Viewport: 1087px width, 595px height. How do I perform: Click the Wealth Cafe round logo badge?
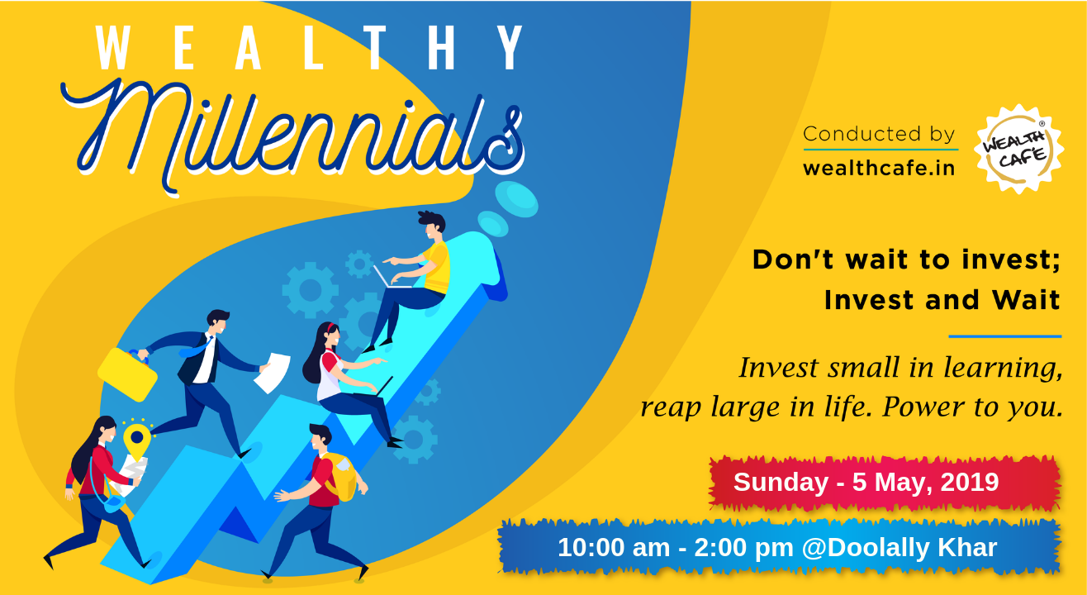click(1019, 149)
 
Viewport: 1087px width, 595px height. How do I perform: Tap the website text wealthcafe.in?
click(879, 169)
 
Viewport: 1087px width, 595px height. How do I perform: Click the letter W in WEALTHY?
click(112, 48)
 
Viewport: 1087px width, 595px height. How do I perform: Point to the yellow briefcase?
click(128, 374)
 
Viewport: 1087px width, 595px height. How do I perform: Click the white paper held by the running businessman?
click(273, 373)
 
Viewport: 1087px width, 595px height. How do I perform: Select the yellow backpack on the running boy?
click(339, 477)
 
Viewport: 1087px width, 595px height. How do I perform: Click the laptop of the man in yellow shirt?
click(392, 277)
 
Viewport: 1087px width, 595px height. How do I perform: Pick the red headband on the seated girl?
click(330, 328)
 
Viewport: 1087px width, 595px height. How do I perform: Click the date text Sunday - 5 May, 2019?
click(866, 483)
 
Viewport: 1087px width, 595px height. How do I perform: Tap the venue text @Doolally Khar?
click(900, 548)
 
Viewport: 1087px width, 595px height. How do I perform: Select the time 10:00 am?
click(614, 548)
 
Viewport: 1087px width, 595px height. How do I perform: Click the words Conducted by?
click(879, 134)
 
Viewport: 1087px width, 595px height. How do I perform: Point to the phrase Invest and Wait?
click(942, 299)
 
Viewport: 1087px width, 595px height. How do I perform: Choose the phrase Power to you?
click(972, 407)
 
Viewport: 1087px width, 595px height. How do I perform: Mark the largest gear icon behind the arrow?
click(310, 290)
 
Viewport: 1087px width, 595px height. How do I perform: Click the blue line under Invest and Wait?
click(1005, 336)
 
